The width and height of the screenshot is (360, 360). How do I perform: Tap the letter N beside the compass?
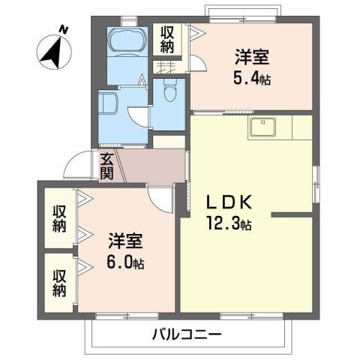[x=64, y=29]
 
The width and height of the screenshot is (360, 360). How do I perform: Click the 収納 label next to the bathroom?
[x=166, y=38]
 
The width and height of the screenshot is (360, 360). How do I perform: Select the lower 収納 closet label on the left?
[x=59, y=280]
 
